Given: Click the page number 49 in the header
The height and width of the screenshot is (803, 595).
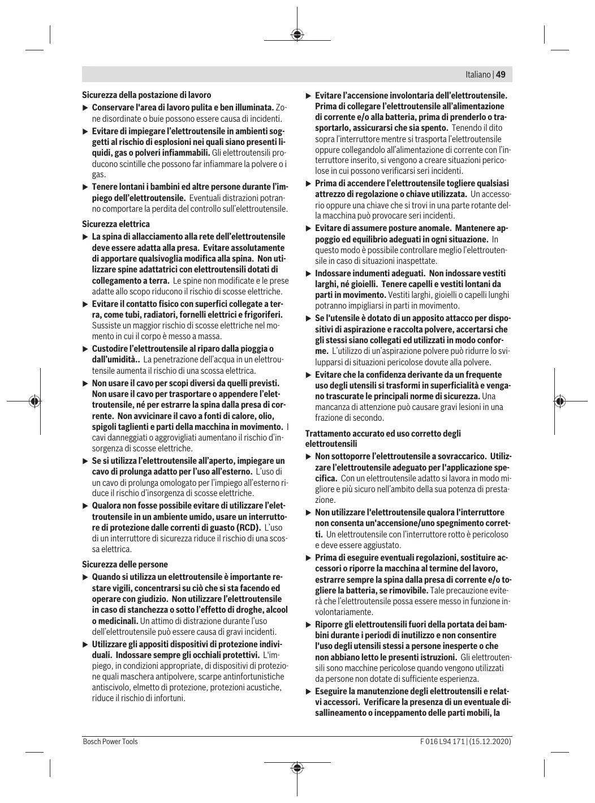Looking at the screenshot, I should [x=501, y=75].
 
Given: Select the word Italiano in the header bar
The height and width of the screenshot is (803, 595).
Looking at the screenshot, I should [x=478, y=75].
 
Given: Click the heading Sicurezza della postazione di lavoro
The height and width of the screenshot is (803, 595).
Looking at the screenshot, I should [x=146, y=95].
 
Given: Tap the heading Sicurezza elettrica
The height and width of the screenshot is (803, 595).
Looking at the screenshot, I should [x=116, y=224].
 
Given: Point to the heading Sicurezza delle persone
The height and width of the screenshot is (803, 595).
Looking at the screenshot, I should [x=125, y=565].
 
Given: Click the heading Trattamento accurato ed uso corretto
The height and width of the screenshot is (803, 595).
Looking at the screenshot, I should [x=383, y=434].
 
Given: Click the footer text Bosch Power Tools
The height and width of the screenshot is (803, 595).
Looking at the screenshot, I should [x=110, y=741].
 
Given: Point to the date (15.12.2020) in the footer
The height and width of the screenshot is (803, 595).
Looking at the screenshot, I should [x=490, y=741].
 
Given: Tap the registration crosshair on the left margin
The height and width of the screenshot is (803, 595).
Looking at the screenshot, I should [x=35, y=401].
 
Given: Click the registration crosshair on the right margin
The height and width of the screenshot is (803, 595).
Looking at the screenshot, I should [x=560, y=401].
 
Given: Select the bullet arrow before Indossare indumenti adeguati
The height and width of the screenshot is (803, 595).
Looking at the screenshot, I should [x=308, y=274].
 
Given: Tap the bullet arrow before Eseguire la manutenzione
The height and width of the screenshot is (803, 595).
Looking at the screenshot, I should [x=308, y=691].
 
